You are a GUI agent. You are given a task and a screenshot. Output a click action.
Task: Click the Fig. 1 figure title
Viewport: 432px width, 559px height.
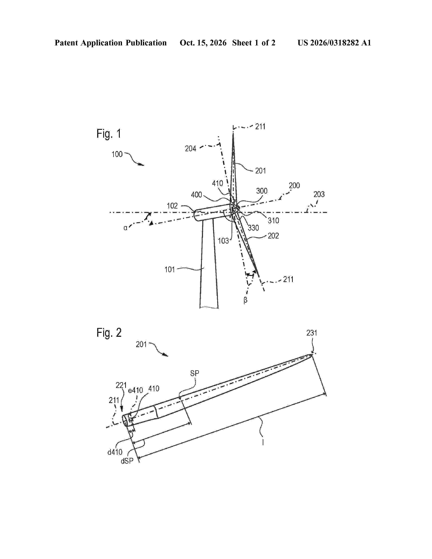click(109, 134)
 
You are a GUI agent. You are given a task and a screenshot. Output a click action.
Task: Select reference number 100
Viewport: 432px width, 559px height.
click(117, 154)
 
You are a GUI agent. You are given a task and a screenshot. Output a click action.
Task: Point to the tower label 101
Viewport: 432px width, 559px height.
click(169, 270)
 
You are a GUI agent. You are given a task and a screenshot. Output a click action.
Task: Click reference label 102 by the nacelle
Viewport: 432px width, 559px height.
click(172, 206)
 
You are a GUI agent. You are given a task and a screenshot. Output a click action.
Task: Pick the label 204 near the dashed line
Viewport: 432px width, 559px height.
click(191, 148)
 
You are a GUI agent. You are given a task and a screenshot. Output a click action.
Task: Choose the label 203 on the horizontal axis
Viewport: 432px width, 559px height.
click(319, 194)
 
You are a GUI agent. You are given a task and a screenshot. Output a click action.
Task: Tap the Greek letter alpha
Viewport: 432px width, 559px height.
click(125, 228)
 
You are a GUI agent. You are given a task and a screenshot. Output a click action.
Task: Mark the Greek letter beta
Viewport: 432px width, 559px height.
click(245, 300)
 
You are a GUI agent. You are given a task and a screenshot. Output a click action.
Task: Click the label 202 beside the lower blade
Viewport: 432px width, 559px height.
click(273, 236)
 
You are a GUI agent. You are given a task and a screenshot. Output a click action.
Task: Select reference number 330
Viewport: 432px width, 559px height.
click(253, 228)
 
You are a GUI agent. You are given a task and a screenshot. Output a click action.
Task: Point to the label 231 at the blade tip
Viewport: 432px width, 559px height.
click(312, 333)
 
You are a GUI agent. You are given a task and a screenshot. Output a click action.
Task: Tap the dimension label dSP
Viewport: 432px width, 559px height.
click(127, 461)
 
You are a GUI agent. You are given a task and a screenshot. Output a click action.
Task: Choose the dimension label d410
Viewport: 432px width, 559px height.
click(115, 452)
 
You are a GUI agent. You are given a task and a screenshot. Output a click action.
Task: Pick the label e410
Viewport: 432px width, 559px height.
click(135, 390)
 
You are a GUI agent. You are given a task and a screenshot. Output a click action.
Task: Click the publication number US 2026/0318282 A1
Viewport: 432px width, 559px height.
click(334, 43)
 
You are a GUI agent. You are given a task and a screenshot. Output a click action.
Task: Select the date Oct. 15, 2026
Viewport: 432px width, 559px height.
click(203, 43)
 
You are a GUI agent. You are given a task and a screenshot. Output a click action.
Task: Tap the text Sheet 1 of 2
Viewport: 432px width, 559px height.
click(254, 43)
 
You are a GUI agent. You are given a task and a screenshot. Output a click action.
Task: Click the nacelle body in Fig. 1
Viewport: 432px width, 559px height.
click(212, 212)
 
